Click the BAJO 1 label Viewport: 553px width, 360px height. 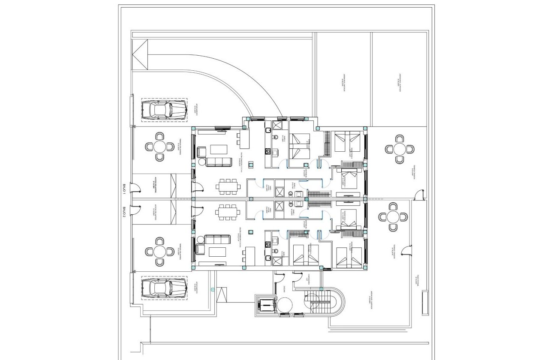(123, 189)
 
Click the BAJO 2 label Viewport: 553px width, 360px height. (123, 212)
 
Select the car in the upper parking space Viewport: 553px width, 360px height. (163, 110)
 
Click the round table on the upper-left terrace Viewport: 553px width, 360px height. (160, 147)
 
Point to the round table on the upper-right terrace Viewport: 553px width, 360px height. (400, 149)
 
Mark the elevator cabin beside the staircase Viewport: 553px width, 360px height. (267, 305)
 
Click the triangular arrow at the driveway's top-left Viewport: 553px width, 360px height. (140, 54)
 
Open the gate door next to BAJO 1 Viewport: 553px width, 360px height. (135, 188)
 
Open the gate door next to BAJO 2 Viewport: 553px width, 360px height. (136, 209)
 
